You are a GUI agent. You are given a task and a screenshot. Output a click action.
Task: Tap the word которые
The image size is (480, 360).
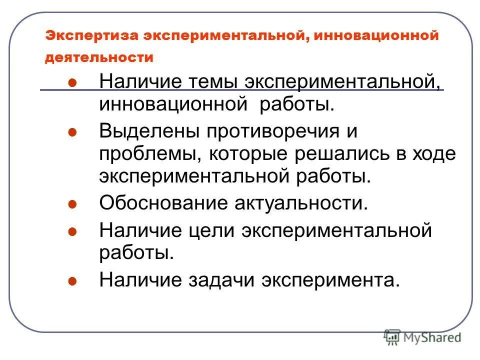[x=241, y=154]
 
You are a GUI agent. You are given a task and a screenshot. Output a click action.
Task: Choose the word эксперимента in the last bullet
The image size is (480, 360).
[x=327, y=279]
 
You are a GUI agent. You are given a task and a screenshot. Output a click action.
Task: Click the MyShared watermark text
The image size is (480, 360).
[x=434, y=337]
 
